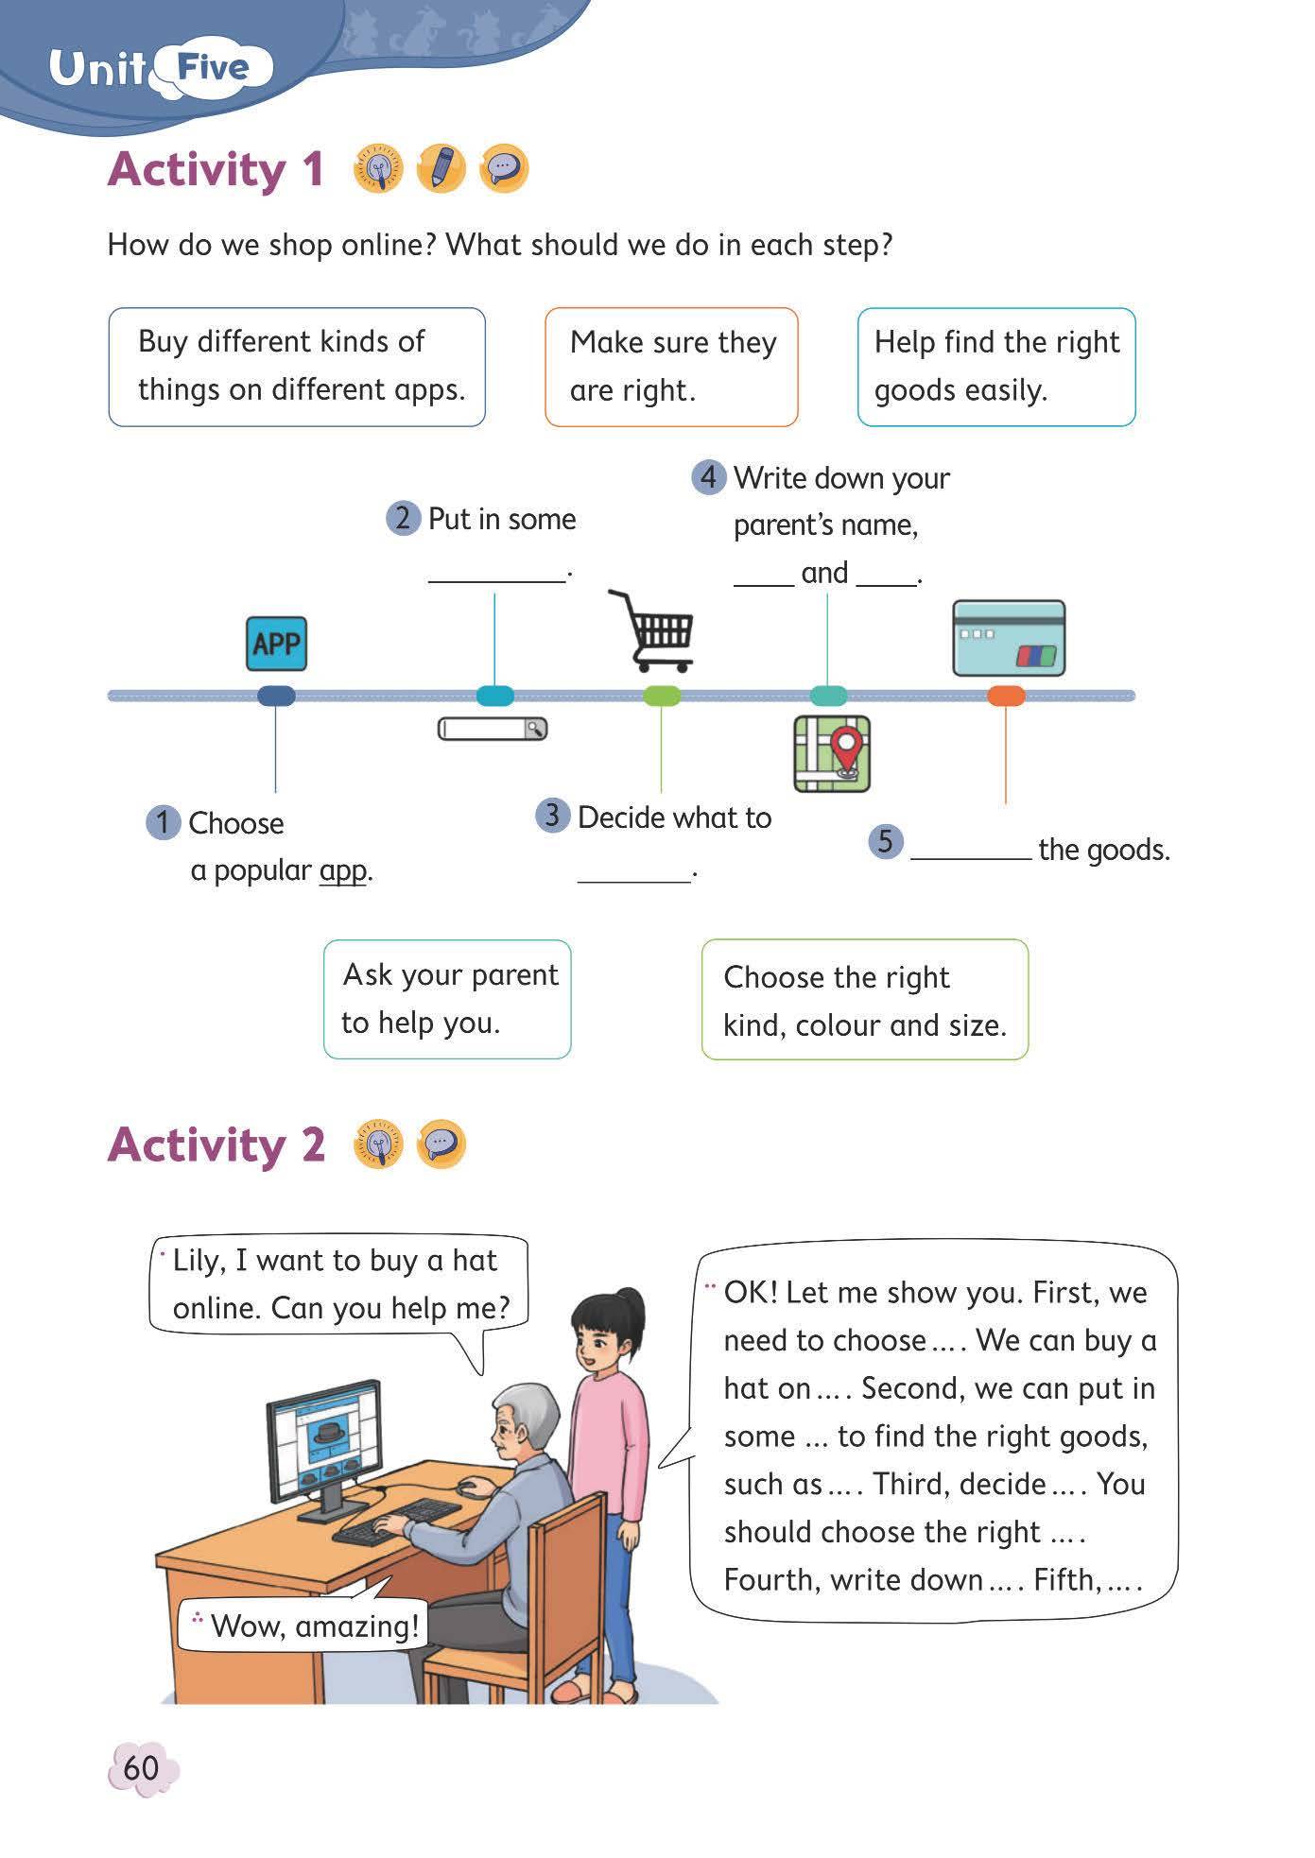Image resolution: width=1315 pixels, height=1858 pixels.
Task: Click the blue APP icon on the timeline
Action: point(276,644)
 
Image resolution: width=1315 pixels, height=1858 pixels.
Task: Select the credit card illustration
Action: point(1009,638)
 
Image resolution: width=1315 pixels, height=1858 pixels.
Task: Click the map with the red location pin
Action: point(832,753)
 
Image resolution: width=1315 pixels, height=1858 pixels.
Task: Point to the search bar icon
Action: point(493,729)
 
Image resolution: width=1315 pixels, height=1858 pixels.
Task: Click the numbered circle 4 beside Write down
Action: point(709,477)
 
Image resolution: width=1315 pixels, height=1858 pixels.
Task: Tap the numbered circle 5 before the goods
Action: point(885,841)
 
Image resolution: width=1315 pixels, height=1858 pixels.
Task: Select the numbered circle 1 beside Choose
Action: point(163,822)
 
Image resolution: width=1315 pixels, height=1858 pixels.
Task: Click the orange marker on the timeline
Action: point(1006,697)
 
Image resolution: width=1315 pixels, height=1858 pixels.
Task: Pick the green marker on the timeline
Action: point(662,697)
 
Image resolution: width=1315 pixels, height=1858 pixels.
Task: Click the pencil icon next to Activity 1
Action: point(441,169)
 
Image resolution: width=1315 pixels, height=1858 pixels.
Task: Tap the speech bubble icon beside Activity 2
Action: point(441,1144)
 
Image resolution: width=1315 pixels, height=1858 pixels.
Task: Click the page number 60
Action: point(142,1766)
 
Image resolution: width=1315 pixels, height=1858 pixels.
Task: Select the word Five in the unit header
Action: point(213,68)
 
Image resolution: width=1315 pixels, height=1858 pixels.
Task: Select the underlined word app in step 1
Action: point(342,870)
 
